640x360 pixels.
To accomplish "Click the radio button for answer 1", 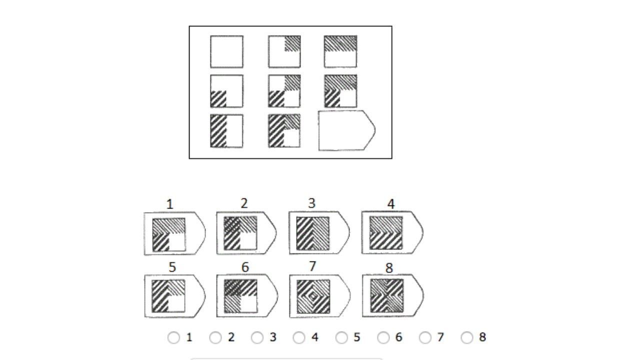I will point(173,338).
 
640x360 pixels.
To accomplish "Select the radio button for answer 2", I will point(215,338).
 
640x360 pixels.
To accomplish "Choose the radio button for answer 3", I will point(257,338).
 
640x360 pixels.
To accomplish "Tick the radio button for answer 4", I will point(299,338).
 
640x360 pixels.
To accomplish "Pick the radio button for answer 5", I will point(341,338).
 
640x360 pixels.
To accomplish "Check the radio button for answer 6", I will point(383,338).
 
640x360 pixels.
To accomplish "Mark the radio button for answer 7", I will point(425,338).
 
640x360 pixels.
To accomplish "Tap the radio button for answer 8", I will point(467,338).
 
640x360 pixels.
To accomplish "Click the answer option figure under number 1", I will point(174,234).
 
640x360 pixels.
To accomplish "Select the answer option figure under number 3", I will point(318,233).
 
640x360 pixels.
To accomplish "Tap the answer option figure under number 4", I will point(391,233).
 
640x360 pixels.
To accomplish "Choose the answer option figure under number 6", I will point(246,296).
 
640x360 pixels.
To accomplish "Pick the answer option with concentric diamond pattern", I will point(318,296).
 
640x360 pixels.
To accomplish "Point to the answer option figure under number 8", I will point(391,296).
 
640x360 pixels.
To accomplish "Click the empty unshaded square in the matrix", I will point(226,51).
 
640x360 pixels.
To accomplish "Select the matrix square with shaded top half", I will point(340,51).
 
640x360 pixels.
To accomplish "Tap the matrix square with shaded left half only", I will point(226,131).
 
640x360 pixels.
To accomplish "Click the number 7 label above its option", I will point(312,267).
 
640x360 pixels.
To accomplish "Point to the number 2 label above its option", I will point(244,203).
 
